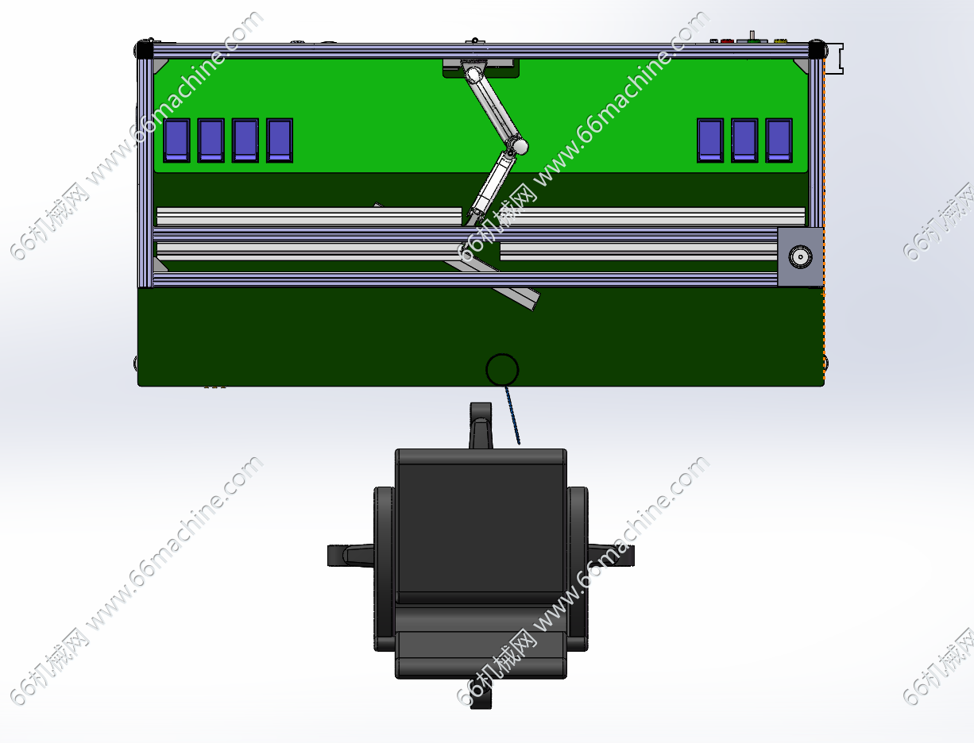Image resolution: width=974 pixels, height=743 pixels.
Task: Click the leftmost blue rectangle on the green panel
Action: click(x=176, y=140)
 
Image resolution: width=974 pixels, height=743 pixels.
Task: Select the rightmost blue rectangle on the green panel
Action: click(x=779, y=140)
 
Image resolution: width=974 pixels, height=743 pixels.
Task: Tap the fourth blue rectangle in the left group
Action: click(x=280, y=140)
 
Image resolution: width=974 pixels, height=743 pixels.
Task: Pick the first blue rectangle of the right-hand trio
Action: click(x=710, y=140)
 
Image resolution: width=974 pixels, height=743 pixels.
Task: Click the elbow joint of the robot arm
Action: click(x=516, y=146)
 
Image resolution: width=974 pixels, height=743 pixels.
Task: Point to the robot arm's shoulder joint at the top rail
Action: click(x=473, y=74)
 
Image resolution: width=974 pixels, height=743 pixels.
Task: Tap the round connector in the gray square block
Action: click(x=800, y=256)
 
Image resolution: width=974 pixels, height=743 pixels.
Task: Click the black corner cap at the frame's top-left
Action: click(x=144, y=50)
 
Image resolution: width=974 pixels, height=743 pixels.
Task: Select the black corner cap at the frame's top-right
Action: click(x=817, y=50)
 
